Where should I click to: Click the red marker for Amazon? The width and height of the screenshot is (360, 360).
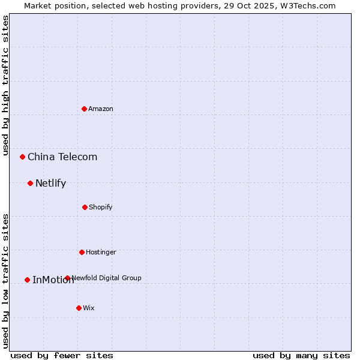84,109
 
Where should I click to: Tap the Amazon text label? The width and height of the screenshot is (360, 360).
101,109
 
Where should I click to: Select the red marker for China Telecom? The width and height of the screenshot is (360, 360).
22,157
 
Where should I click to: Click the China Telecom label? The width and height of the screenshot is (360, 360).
62,157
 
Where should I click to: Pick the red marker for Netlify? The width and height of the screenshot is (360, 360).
30,183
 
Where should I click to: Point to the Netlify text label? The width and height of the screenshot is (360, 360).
50,183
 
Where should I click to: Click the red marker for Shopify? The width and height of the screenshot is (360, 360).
85,207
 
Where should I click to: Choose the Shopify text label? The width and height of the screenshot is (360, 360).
101,207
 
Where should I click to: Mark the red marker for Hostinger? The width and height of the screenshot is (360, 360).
82,252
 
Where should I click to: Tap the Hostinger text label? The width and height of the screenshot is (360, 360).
101,252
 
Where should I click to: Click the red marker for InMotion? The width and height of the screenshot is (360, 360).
27,280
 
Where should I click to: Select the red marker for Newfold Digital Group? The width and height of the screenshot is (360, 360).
67,278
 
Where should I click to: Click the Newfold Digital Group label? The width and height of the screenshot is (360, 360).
107,278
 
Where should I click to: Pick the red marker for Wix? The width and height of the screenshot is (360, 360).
79,308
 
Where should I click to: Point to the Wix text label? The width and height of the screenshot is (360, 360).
89,308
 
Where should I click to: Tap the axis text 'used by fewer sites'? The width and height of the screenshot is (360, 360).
62,355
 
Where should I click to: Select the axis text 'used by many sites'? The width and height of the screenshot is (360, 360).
301,355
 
